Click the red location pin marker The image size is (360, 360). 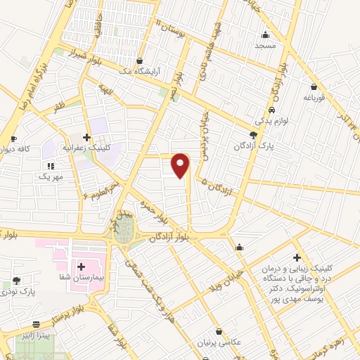181,165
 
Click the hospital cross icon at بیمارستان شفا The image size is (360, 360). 82,266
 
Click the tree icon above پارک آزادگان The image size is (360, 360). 253,136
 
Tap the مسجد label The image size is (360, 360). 266,46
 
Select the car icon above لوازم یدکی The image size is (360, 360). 271,110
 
